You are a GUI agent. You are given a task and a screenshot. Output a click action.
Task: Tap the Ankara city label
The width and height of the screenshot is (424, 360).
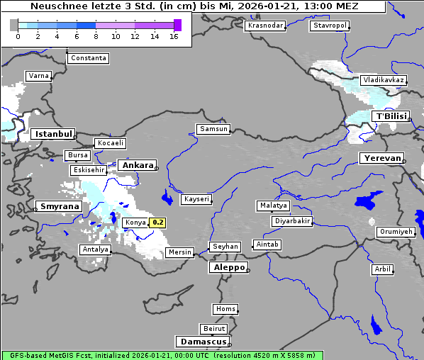pos(137,165)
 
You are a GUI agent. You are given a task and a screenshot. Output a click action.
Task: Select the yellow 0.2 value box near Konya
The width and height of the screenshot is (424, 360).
pos(157,223)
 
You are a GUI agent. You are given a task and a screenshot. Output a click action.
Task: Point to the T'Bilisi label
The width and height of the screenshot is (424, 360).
pos(391,116)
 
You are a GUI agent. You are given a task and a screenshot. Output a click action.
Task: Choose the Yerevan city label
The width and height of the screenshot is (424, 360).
pos(381,158)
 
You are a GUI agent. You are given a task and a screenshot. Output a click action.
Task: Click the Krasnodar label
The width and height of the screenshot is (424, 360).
pos(265,26)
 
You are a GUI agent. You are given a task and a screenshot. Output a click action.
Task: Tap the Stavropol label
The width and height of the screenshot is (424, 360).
pos(330,26)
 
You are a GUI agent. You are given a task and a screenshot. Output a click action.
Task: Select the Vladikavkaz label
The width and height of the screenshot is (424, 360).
pos(383,80)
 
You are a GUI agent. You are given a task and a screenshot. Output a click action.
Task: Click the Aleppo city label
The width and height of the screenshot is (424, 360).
pos(227,268)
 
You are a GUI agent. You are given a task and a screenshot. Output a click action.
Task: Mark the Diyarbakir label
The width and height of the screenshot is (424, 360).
pos(292,221)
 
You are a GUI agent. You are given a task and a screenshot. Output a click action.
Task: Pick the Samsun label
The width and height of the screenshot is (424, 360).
pos(213,129)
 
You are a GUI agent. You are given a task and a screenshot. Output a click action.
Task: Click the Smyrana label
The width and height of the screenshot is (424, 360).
pos(59,207)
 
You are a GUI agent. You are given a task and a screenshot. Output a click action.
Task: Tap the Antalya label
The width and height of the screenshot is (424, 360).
pos(95,249)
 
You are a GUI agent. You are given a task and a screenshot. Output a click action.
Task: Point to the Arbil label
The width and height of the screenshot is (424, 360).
pos(382,269)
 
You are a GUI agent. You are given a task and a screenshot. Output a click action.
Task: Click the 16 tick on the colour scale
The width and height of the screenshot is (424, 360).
pos(174,36)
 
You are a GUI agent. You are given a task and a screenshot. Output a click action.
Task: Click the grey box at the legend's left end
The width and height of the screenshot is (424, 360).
pos(13,25)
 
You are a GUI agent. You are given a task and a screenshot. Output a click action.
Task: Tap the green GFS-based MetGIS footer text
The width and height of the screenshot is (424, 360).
pos(106,355)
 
